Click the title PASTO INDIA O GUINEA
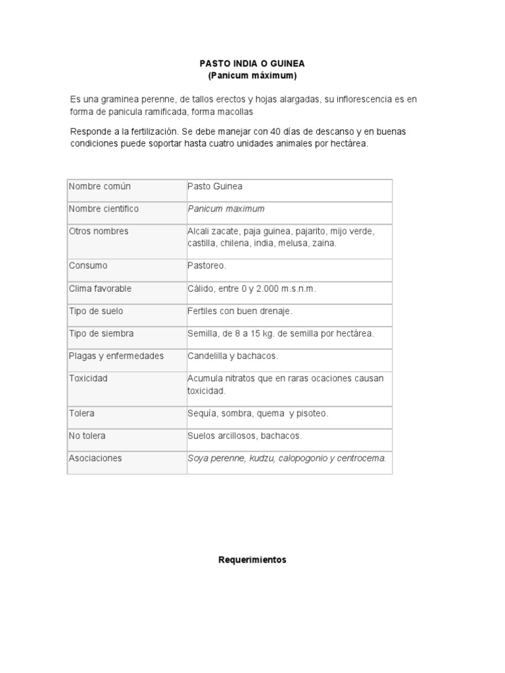click(252, 64)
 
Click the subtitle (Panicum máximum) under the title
click(252, 76)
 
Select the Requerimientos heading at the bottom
click(252, 561)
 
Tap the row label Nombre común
click(100, 187)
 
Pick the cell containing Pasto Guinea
click(215, 187)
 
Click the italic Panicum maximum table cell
click(226, 209)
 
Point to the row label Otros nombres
click(99, 231)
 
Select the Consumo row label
click(88, 266)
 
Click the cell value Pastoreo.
click(207, 266)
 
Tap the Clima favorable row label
click(101, 289)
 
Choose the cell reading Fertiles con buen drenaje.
click(240, 311)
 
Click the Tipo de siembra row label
click(101, 333)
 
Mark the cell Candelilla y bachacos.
click(233, 356)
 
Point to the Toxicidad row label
click(88, 379)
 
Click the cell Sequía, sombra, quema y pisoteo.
click(258, 413)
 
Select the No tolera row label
click(87, 436)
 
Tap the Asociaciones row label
click(95, 458)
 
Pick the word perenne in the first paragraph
click(153, 99)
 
